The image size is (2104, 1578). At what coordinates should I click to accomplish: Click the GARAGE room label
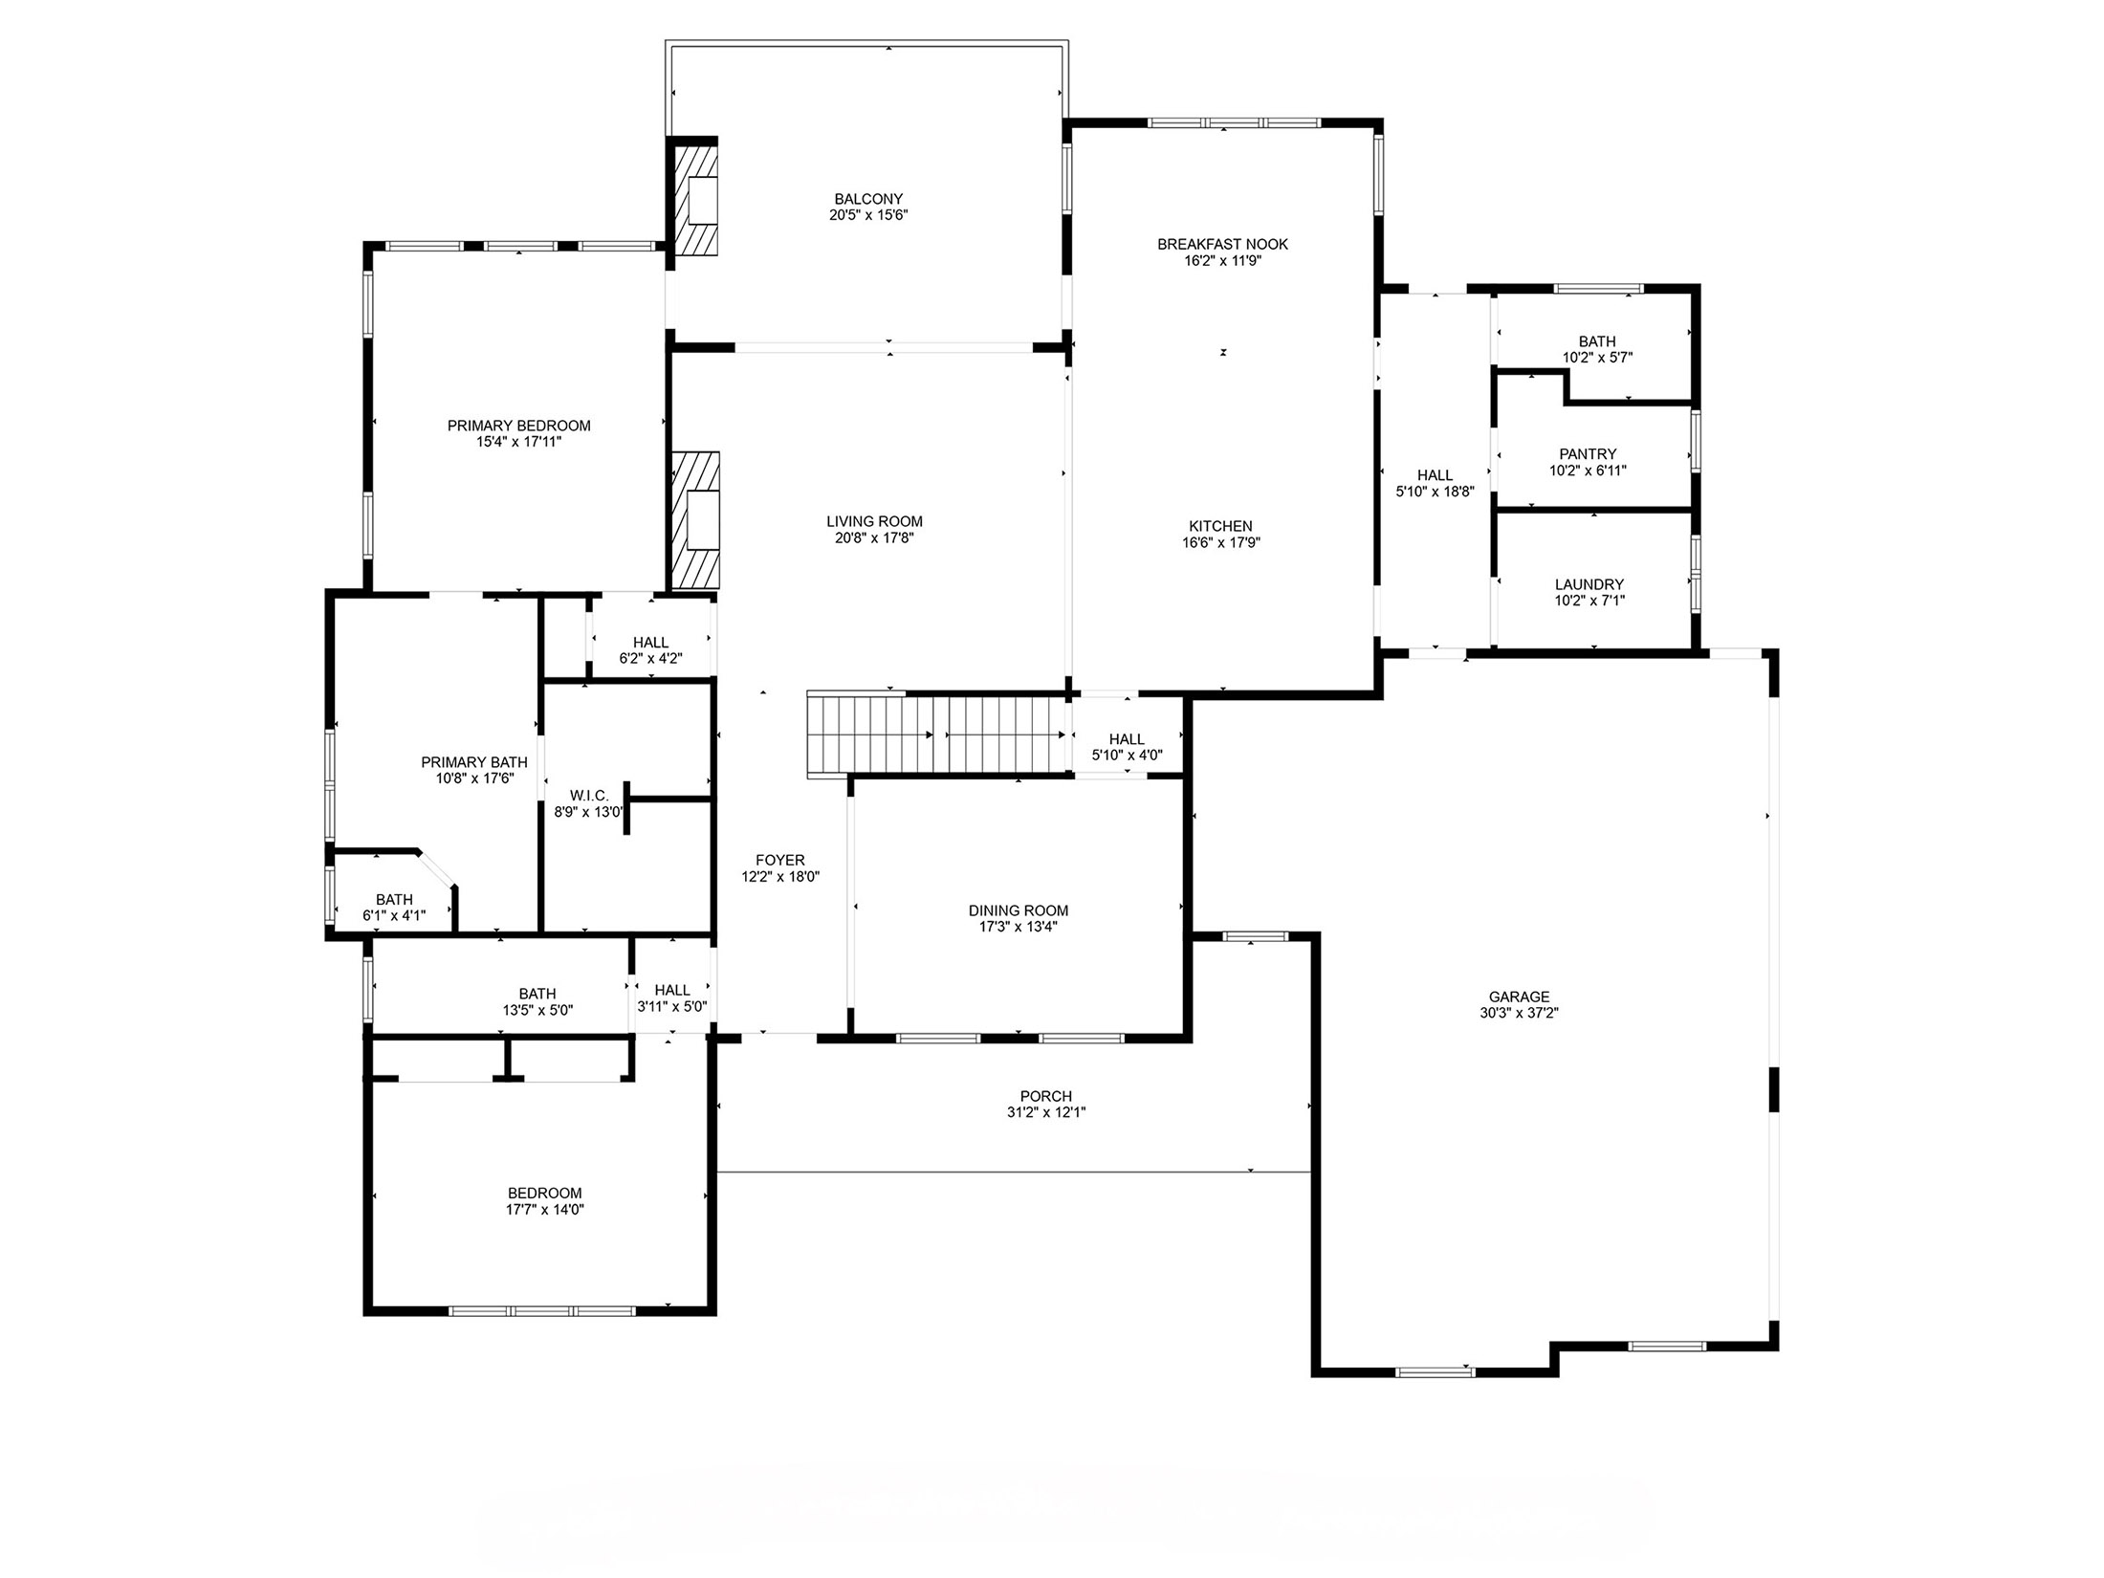pyautogui.click(x=1519, y=997)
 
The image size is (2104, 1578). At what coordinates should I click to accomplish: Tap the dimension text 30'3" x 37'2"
pyautogui.click(x=1519, y=1013)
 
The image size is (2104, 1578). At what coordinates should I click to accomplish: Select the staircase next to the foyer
pyautogui.click(x=937, y=734)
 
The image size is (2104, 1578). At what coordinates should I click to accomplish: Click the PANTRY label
pyautogui.click(x=1588, y=454)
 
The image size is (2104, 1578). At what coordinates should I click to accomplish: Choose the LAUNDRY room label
pyautogui.click(x=1589, y=584)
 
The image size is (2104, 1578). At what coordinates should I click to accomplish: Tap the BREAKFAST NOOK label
pyautogui.click(x=1222, y=244)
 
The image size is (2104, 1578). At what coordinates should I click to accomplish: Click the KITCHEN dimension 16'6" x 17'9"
pyautogui.click(x=1220, y=542)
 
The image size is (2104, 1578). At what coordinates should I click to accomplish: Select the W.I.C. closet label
pyautogui.click(x=589, y=796)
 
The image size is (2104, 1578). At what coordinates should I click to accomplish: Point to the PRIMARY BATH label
pyautogui.click(x=474, y=762)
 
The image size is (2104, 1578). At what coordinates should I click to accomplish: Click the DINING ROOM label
pyautogui.click(x=1018, y=910)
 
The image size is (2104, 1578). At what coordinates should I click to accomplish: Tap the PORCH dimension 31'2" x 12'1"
pyautogui.click(x=1045, y=1112)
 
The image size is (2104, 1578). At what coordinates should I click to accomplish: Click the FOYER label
pyautogui.click(x=779, y=860)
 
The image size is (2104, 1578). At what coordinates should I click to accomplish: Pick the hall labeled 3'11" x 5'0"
pyautogui.click(x=672, y=997)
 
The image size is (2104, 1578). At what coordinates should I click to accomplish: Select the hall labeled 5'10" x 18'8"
pyautogui.click(x=1435, y=483)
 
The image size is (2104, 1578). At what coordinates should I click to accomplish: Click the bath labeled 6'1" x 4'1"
pyautogui.click(x=394, y=907)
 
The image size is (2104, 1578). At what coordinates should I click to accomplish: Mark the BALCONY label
pyautogui.click(x=867, y=199)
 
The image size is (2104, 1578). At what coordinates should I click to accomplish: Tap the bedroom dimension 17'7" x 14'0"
pyautogui.click(x=544, y=1209)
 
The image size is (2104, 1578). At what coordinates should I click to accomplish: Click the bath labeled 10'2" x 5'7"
pyautogui.click(x=1597, y=349)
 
